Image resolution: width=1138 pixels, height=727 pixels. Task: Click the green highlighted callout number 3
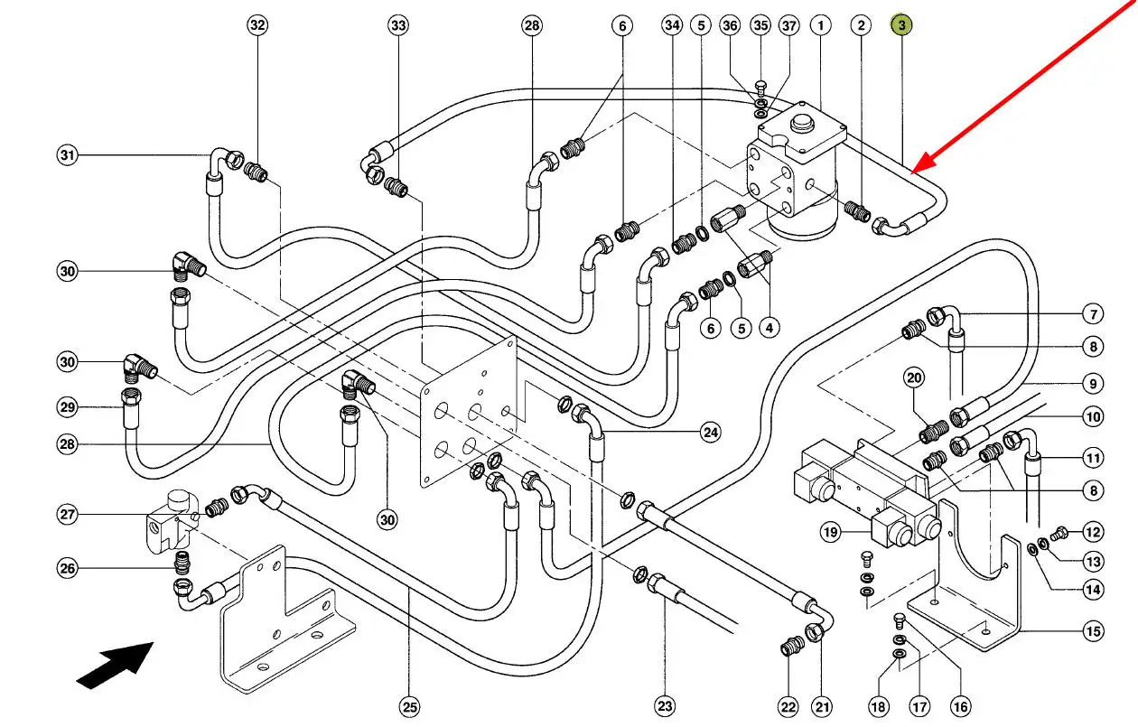[x=901, y=25]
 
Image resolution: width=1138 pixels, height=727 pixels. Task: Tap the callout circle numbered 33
[x=398, y=25]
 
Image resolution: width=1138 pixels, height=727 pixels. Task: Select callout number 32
[x=258, y=25]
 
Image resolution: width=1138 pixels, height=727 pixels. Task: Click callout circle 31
[x=67, y=155]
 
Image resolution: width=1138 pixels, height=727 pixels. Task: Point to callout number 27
[x=67, y=515]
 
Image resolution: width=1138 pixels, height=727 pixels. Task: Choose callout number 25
[x=410, y=706]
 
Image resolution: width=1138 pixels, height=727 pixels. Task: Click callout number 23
[x=665, y=706]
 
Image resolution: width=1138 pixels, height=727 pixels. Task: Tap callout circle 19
[x=830, y=532]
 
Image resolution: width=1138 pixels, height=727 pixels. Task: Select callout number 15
[x=1094, y=632]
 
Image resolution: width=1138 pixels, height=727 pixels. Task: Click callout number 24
[x=711, y=433]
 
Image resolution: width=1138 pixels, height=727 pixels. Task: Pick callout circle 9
[x=1094, y=384]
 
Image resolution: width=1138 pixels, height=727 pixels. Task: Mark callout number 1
[x=821, y=25]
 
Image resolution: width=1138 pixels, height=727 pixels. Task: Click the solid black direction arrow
[x=116, y=665]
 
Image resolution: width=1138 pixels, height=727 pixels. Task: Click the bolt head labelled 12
[x=1062, y=532]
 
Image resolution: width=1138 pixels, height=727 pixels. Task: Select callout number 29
[x=67, y=408]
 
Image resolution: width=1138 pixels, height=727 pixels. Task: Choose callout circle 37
[x=790, y=25]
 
